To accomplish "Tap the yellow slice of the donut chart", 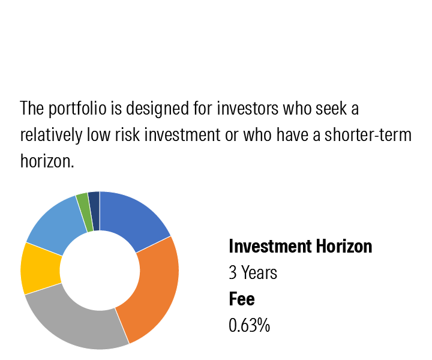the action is point(40,269).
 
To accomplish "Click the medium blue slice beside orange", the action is point(132,218).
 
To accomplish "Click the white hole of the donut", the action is point(100,270).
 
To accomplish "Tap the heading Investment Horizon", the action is point(301,246).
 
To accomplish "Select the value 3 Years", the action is point(253,272).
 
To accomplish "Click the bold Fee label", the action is point(242,299).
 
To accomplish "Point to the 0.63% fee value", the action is point(250,325).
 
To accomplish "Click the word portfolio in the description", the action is point(77,109).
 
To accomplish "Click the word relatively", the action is point(51,135).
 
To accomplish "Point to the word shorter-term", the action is point(368,135).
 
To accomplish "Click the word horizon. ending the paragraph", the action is point(47,161).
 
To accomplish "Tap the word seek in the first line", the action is point(331,108).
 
